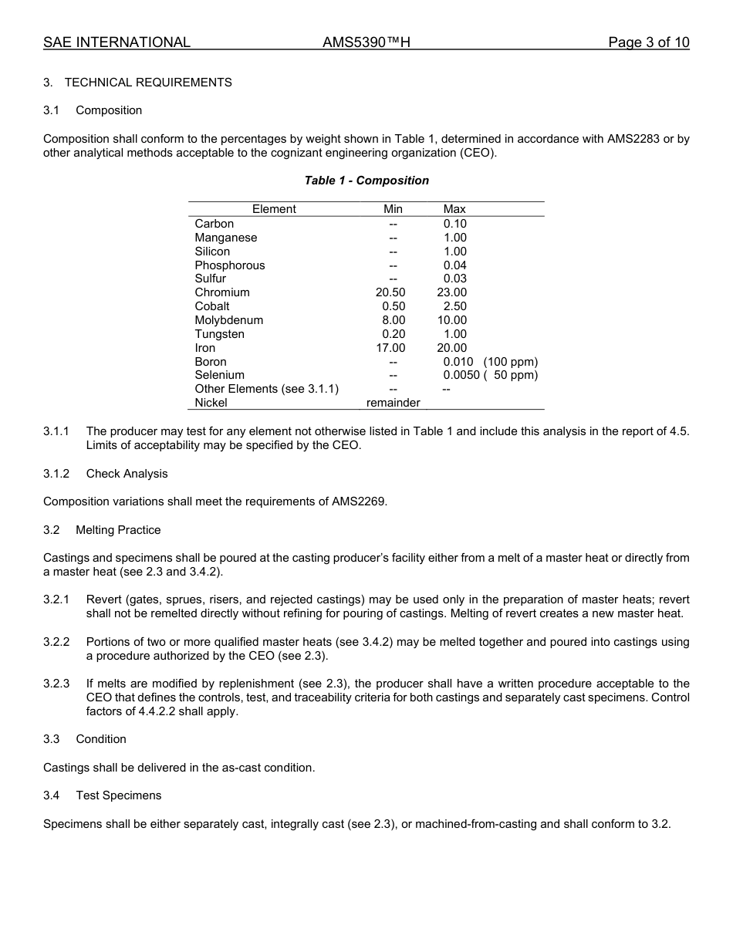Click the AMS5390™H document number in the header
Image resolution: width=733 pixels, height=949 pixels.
click(x=366, y=42)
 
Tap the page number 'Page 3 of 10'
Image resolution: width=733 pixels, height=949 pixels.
click(x=648, y=42)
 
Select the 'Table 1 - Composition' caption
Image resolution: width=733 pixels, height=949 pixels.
click(x=366, y=181)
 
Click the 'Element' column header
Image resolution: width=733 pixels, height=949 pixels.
click(x=274, y=209)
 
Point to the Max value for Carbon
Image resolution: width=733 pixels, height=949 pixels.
click(x=454, y=224)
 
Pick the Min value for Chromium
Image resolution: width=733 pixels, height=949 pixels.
click(x=390, y=292)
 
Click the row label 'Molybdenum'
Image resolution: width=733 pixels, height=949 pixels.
click(x=228, y=320)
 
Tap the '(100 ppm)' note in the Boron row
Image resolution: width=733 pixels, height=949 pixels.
click(x=510, y=362)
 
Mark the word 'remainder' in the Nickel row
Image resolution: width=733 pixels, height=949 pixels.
click(x=393, y=403)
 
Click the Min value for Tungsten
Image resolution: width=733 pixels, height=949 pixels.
click(x=394, y=334)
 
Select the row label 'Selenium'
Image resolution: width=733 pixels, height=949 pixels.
click(x=219, y=375)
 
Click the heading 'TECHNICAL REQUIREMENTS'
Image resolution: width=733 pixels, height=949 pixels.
click(x=148, y=83)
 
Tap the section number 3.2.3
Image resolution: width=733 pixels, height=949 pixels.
click(x=56, y=684)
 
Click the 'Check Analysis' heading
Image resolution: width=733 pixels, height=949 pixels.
click(x=127, y=474)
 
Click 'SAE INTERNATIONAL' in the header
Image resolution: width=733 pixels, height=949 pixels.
click(x=117, y=42)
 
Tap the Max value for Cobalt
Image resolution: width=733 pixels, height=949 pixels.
click(x=454, y=306)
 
